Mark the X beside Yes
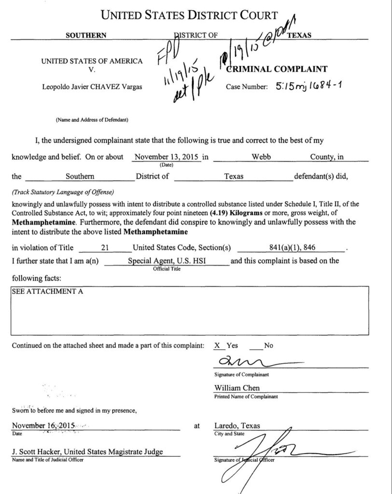click(x=217, y=345)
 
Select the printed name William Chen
click(x=237, y=388)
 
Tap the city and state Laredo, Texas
click(x=237, y=426)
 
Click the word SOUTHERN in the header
click(x=86, y=35)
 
